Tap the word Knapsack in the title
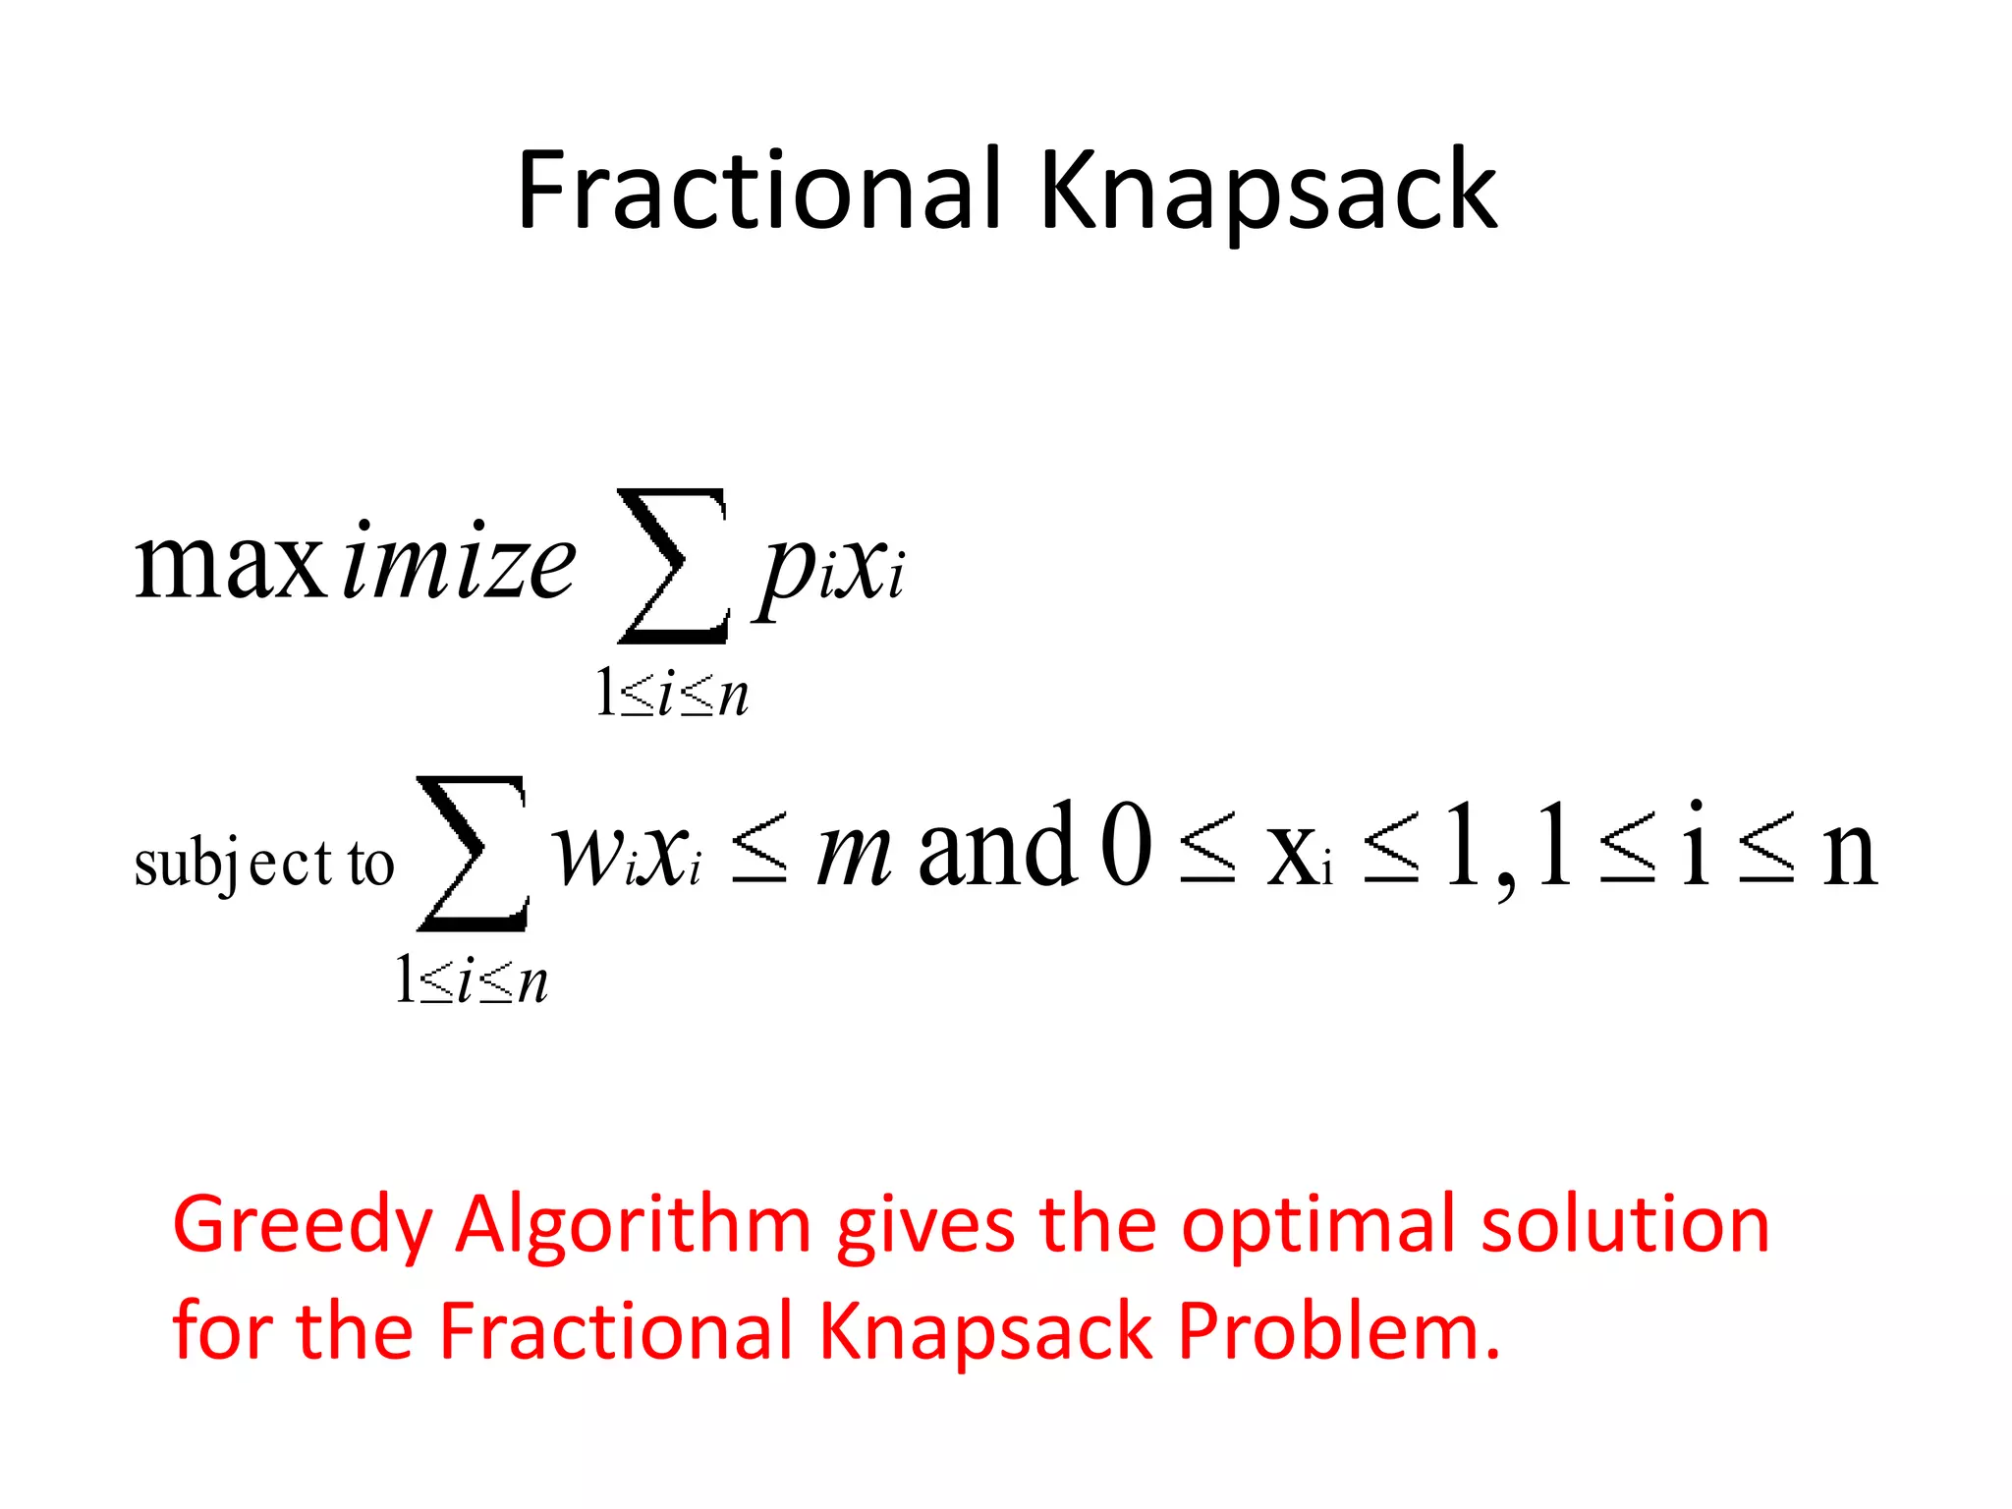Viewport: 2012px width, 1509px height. [x=1267, y=192]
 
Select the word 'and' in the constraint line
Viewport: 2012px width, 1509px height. [x=997, y=845]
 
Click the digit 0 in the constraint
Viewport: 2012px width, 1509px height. [x=1126, y=845]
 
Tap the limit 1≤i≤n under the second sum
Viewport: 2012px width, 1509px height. [x=472, y=980]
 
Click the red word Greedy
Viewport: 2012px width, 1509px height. [x=303, y=1226]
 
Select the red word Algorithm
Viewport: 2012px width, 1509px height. [x=634, y=1226]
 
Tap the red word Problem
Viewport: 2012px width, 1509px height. [x=1338, y=1331]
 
